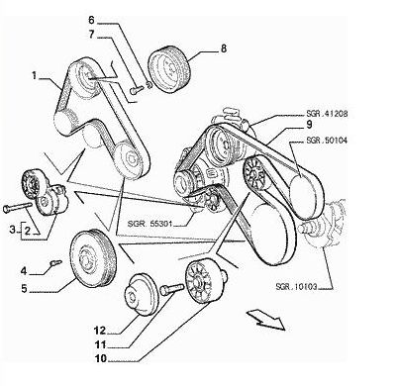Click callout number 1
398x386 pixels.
coord(34,76)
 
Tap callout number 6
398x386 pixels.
coord(91,20)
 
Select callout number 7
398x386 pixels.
coord(92,34)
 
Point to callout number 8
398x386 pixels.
coord(224,48)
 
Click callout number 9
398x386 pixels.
coord(309,125)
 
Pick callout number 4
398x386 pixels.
coord(24,271)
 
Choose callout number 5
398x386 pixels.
coord(24,289)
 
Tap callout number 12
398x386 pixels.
coord(100,331)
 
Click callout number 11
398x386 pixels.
coord(100,344)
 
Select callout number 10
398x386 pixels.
coord(100,358)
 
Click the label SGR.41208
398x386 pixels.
coord(327,114)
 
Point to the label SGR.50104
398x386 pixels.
coord(327,141)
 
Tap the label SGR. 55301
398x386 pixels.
coord(149,224)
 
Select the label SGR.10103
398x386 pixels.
coord(296,287)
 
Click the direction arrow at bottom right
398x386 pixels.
coord(265,320)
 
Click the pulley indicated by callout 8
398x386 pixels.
coord(168,69)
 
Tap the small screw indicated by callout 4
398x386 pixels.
coord(55,263)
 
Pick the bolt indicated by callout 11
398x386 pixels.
coord(171,289)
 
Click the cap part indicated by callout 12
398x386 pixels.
coord(142,294)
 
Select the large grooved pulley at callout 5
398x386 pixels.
coord(93,257)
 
